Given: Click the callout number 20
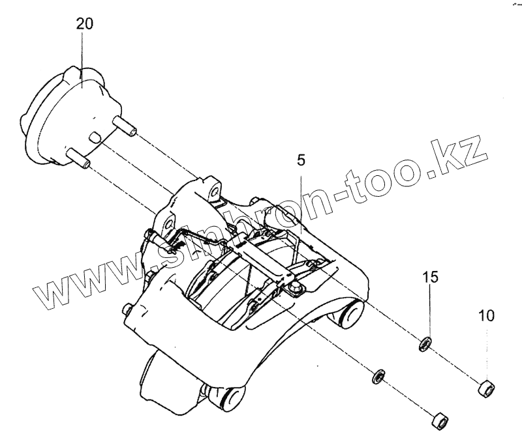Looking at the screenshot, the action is click(x=84, y=25).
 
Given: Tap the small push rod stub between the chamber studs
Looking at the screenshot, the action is click(x=95, y=137).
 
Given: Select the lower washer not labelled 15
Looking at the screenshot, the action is click(x=378, y=376).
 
